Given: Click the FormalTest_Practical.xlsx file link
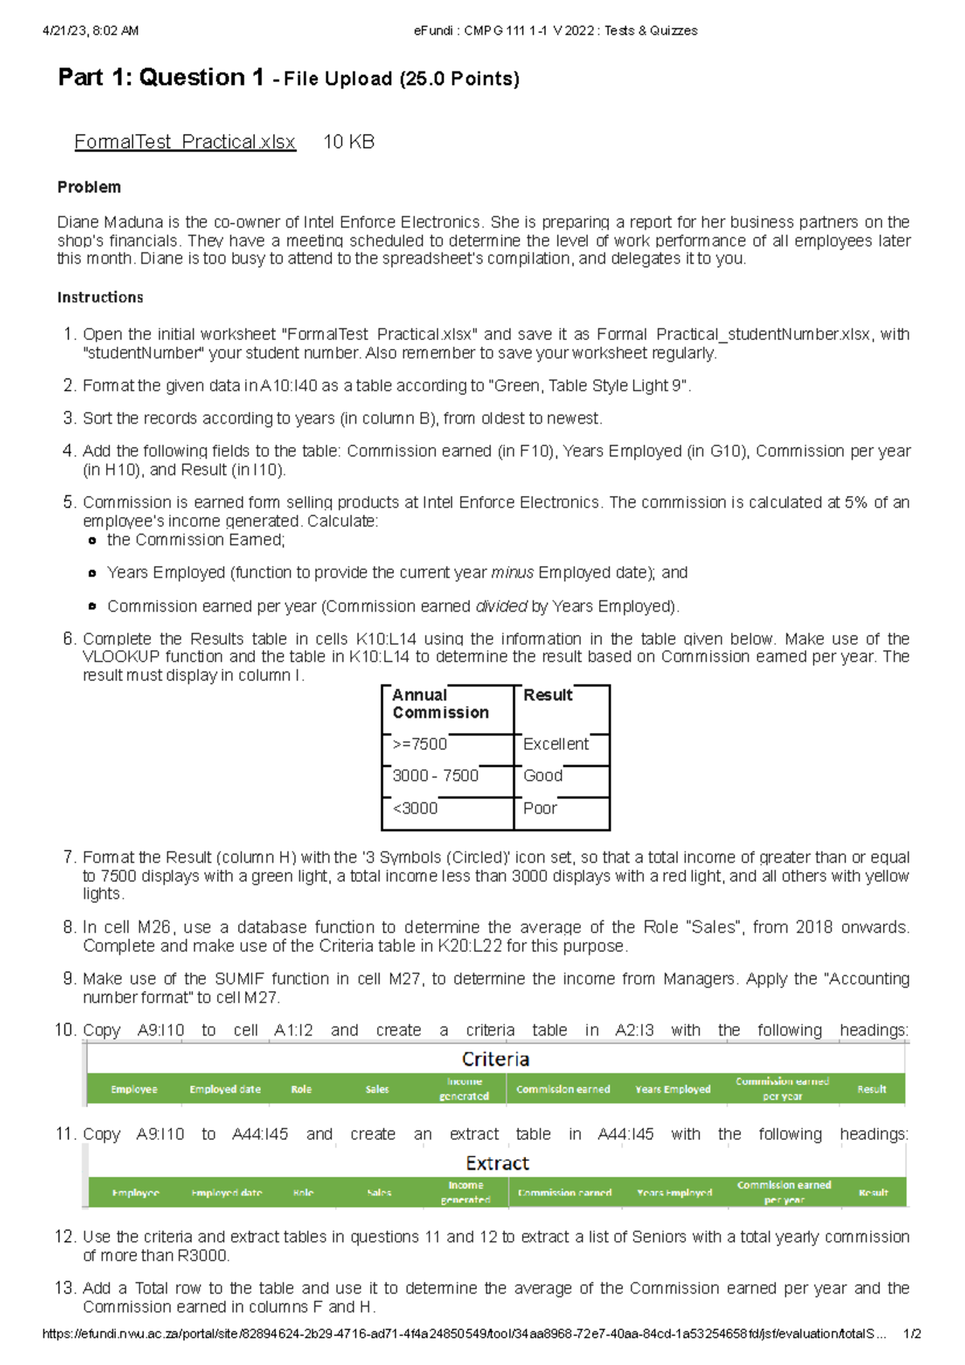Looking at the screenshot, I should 185,142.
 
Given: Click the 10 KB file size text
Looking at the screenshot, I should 348,142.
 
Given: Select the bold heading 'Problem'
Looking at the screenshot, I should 89,187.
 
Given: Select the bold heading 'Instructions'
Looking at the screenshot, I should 101,297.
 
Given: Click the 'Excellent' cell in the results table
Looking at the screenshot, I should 556,744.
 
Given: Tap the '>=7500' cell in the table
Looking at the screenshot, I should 420,744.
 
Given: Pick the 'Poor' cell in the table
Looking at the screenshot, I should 540,809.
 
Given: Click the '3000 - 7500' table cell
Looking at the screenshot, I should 435,776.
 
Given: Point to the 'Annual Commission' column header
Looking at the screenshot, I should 440,703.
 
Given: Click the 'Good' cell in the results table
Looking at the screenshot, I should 543,776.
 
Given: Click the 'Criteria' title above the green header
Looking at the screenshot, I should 495,1060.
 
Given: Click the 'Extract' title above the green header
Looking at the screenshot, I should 497,1163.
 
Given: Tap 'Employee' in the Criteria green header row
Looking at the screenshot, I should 134,1089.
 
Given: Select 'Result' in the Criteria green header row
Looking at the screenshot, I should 872,1089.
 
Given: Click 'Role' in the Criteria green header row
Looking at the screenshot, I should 302,1089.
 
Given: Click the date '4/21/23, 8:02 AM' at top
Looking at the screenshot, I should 90,31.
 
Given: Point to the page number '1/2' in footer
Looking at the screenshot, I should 912,1334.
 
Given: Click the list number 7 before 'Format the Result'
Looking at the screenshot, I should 68,858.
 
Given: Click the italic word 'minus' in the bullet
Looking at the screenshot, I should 512,573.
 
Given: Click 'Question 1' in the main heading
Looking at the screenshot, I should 201,78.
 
